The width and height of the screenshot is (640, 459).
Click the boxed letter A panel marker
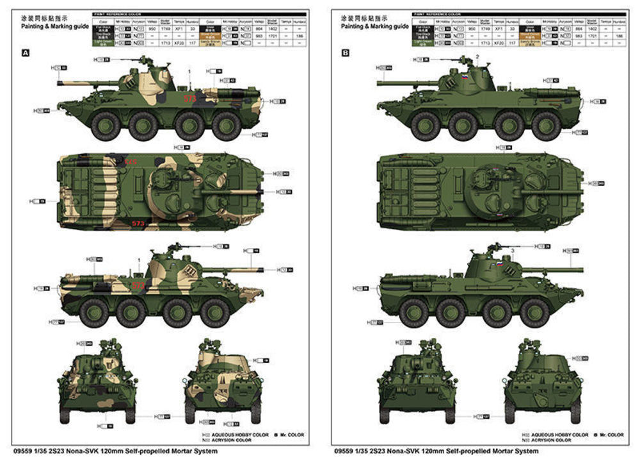click(26, 54)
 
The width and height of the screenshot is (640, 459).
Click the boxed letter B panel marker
click(346, 54)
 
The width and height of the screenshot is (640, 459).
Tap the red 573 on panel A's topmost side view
click(190, 99)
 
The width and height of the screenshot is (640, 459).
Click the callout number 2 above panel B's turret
click(477, 56)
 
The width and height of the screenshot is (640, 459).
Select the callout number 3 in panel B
click(512, 249)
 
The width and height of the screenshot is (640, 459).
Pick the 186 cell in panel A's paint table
click(299, 37)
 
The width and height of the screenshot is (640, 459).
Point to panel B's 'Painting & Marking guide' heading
click(374, 27)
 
